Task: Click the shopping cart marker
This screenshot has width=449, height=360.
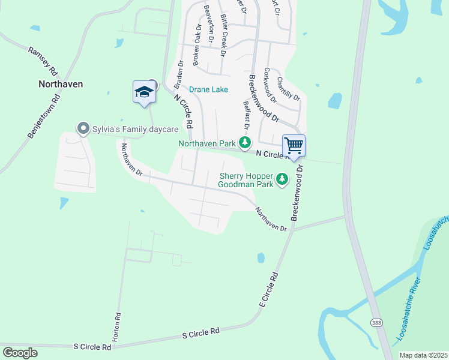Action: [x=294, y=146]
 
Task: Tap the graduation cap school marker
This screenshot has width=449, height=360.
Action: [x=144, y=92]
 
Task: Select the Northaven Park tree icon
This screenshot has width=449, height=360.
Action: [x=244, y=143]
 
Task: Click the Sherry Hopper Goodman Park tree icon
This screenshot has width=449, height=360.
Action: [x=282, y=179]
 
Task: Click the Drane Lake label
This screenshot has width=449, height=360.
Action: [x=208, y=89]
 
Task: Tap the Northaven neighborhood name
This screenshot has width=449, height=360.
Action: [x=61, y=84]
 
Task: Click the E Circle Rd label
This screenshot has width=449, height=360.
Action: [x=270, y=290]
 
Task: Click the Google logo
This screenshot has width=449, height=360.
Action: [x=19, y=352]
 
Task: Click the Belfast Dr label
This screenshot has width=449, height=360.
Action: [x=246, y=115]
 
